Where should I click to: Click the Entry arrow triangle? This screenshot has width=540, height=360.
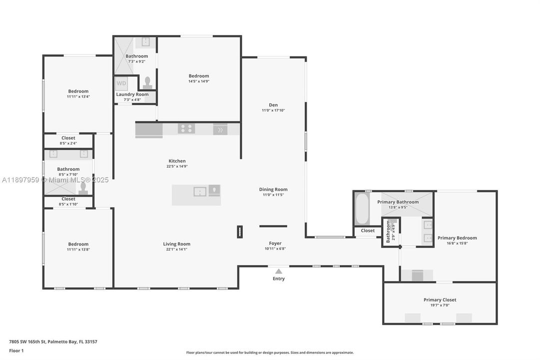coord(279,271)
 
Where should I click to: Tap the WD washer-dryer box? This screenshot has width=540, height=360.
coord(121,83)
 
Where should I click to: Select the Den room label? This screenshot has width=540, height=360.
coord(273,105)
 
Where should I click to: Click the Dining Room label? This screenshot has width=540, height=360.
coord(273,189)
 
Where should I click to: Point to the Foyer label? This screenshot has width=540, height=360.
coord(275,243)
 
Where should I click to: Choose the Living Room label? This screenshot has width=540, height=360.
coord(177,244)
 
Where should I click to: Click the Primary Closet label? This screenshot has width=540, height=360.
coord(440,300)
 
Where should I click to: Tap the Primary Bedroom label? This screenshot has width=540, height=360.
coord(457,238)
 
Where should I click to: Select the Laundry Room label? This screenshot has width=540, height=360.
coord(132,94)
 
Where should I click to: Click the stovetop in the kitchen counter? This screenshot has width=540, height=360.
coord(186,129)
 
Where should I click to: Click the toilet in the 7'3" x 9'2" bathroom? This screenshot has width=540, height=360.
coord(147,82)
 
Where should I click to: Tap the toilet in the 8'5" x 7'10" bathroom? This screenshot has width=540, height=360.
coord(83,187)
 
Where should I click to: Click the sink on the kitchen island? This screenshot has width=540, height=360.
coord(200,191)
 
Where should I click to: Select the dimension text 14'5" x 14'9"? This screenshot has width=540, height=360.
coord(199,81)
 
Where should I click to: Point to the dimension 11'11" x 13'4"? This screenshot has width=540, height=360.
coord(78,96)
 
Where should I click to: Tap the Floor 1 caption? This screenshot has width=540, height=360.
coord(16,350)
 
